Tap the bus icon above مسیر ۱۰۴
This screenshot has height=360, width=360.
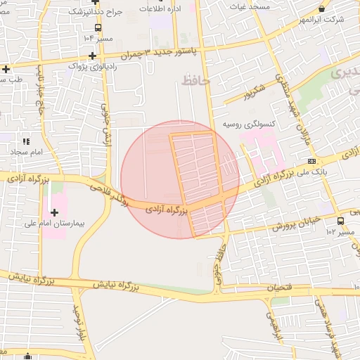point(97,27)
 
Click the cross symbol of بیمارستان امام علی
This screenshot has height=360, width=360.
point(54,212)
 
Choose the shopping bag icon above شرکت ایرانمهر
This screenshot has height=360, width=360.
point(322,8)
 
